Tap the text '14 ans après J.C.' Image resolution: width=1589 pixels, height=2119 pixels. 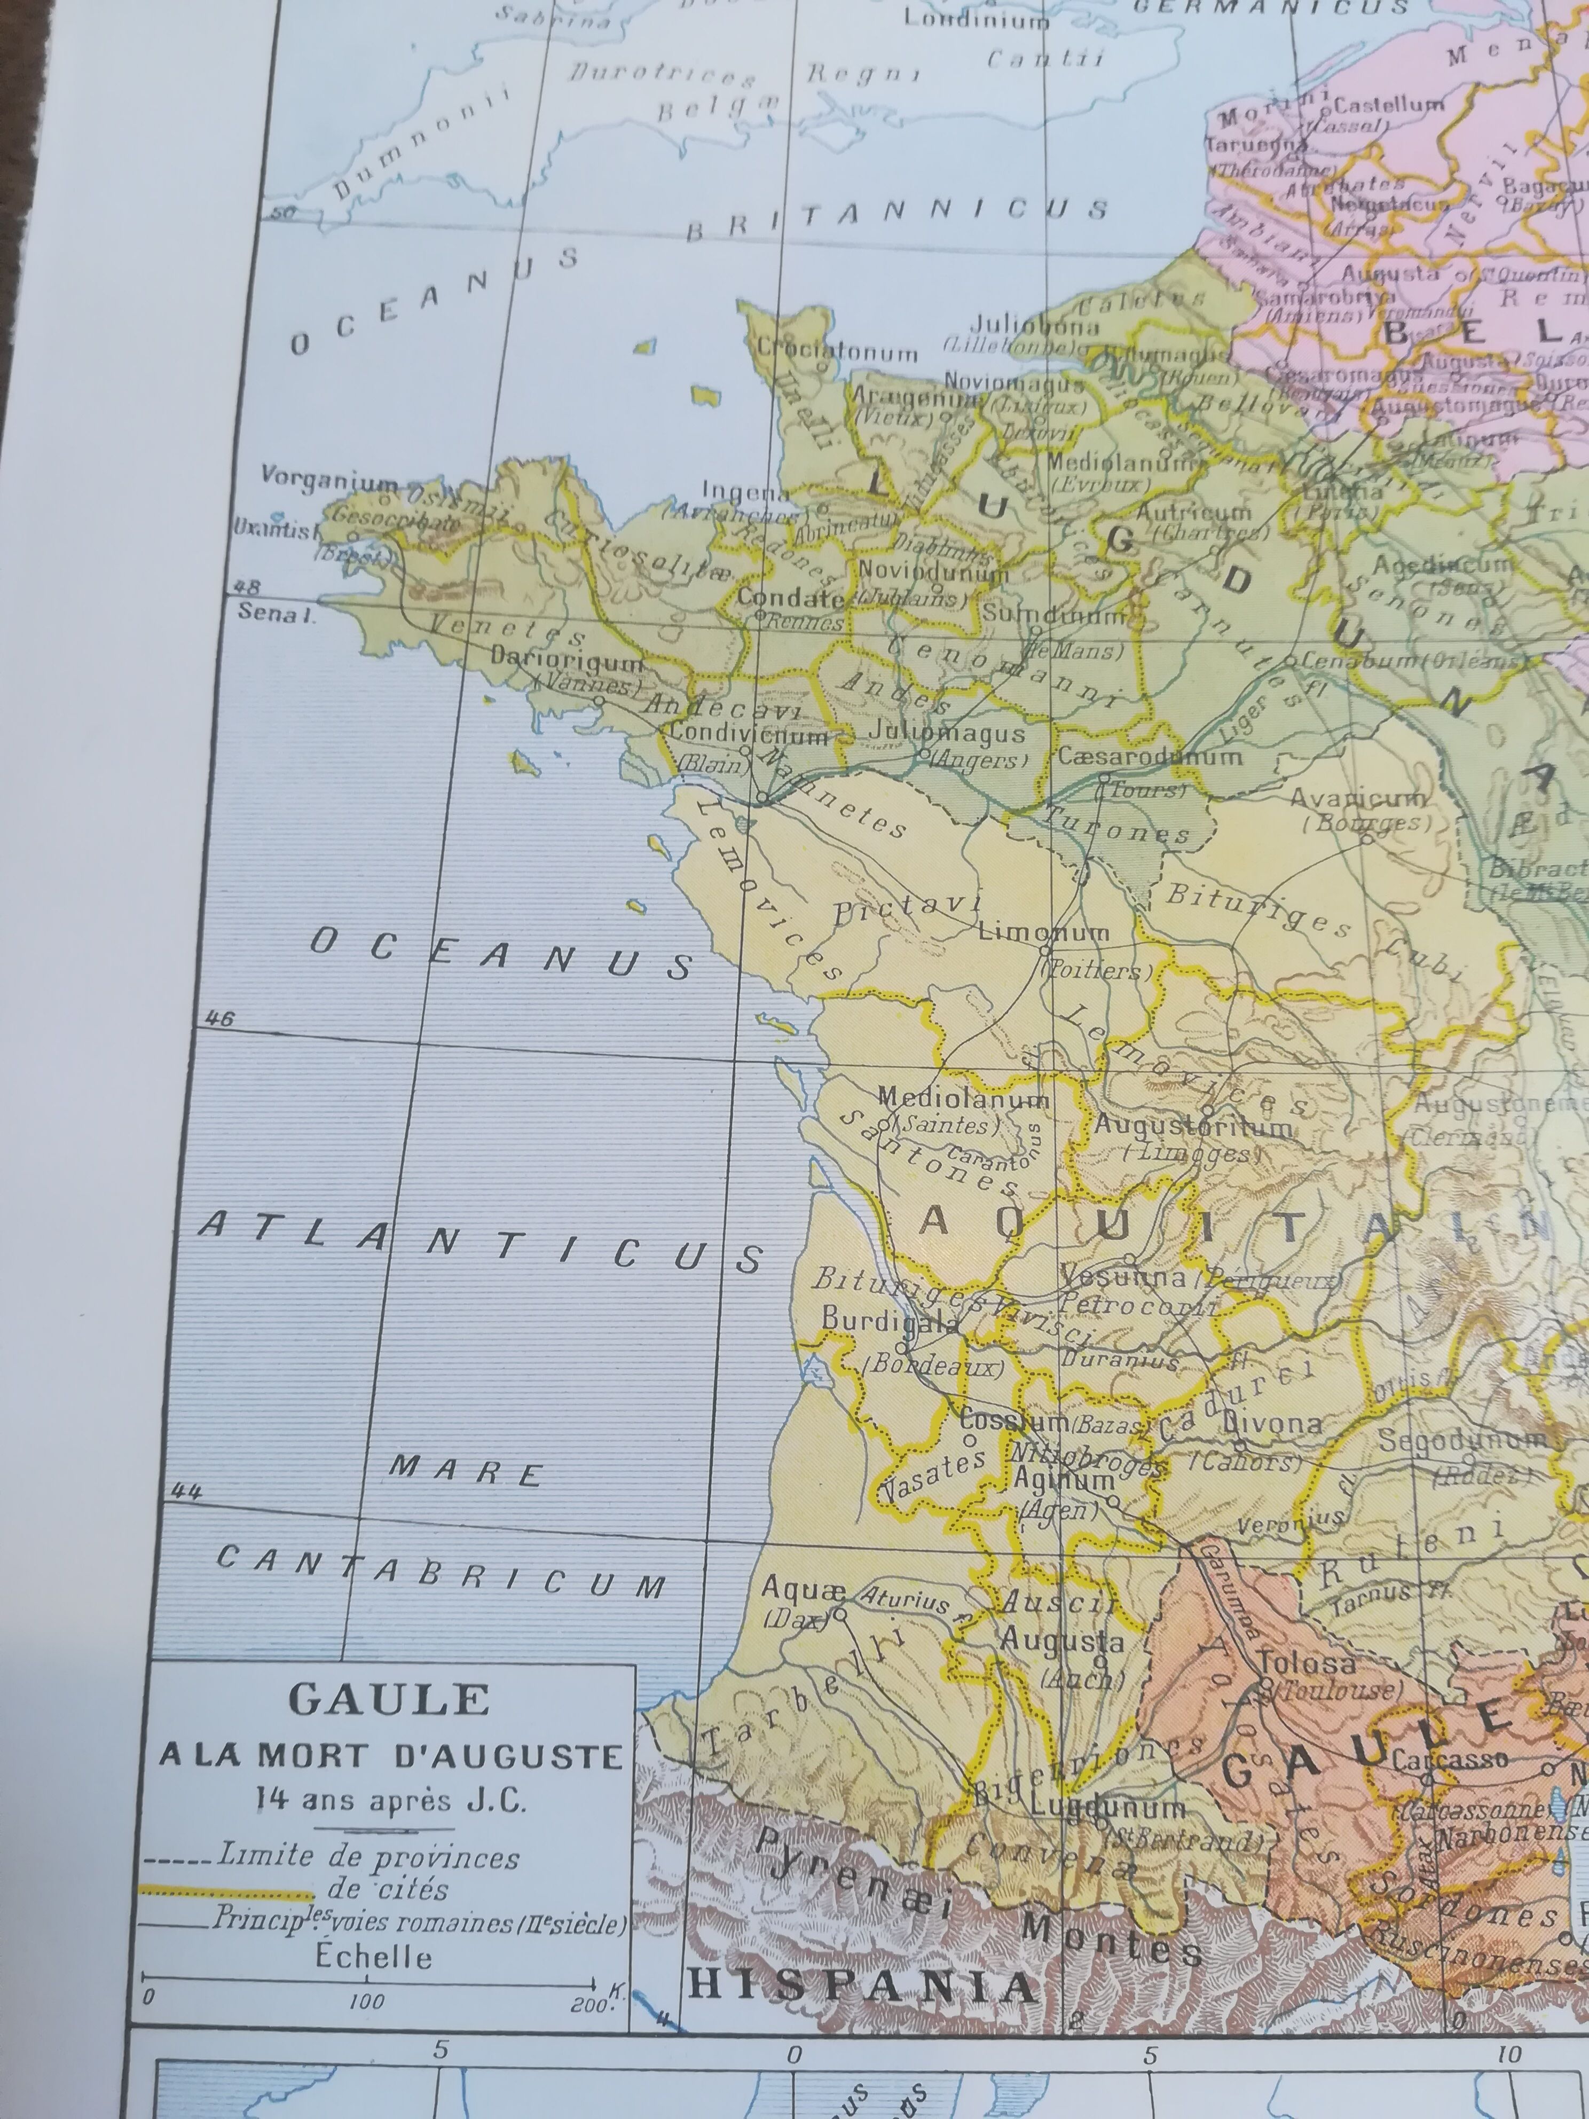(x=391, y=1800)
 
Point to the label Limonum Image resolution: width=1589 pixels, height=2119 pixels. (x=1044, y=931)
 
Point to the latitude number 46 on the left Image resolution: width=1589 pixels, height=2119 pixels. (x=219, y=1018)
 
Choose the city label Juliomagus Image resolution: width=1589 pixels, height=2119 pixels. (x=946, y=733)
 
